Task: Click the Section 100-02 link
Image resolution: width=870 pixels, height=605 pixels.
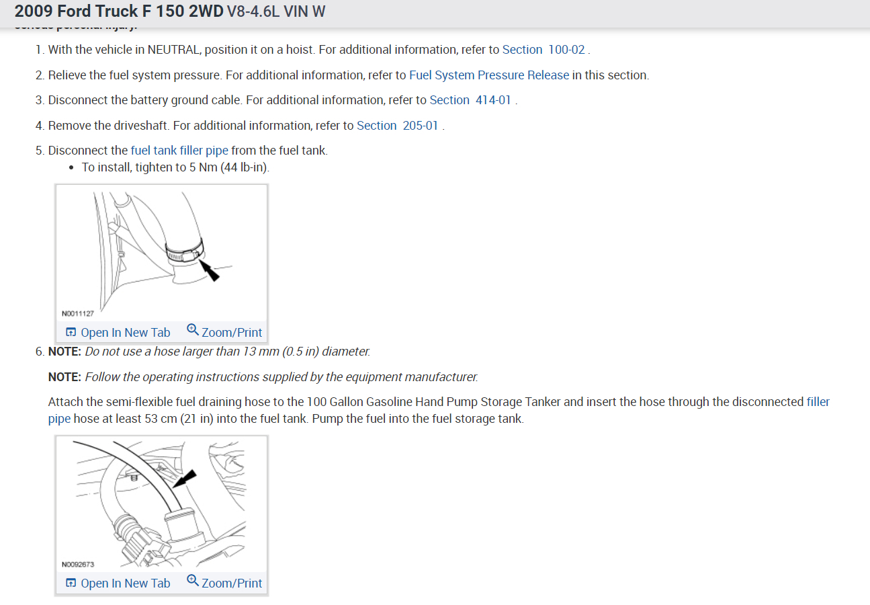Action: pyautogui.click(x=543, y=50)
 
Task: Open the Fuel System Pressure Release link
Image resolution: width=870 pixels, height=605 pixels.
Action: pyautogui.click(x=489, y=75)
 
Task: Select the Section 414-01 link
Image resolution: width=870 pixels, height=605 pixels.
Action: pyautogui.click(x=470, y=100)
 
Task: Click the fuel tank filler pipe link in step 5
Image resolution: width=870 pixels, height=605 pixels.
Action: pyautogui.click(x=179, y=151)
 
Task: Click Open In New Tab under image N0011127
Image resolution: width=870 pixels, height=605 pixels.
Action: pyautogui.click(x=118, y=332)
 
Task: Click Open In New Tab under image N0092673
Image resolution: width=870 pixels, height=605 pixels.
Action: pyautogui.click(x=118, y=583)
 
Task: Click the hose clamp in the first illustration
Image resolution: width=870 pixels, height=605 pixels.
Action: pyautogui.click(x=183, y=253)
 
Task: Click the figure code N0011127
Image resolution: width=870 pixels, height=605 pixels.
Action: pyautogui.click(x=78, y=313)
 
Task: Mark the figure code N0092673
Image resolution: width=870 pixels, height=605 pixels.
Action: pyautogui.click(x=78, y=565)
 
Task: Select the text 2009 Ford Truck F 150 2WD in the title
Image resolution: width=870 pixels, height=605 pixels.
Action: pyautogui.click(x=119, y=11)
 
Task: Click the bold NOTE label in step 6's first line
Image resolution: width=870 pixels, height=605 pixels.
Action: pyautogui.click(x=64, y=352)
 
